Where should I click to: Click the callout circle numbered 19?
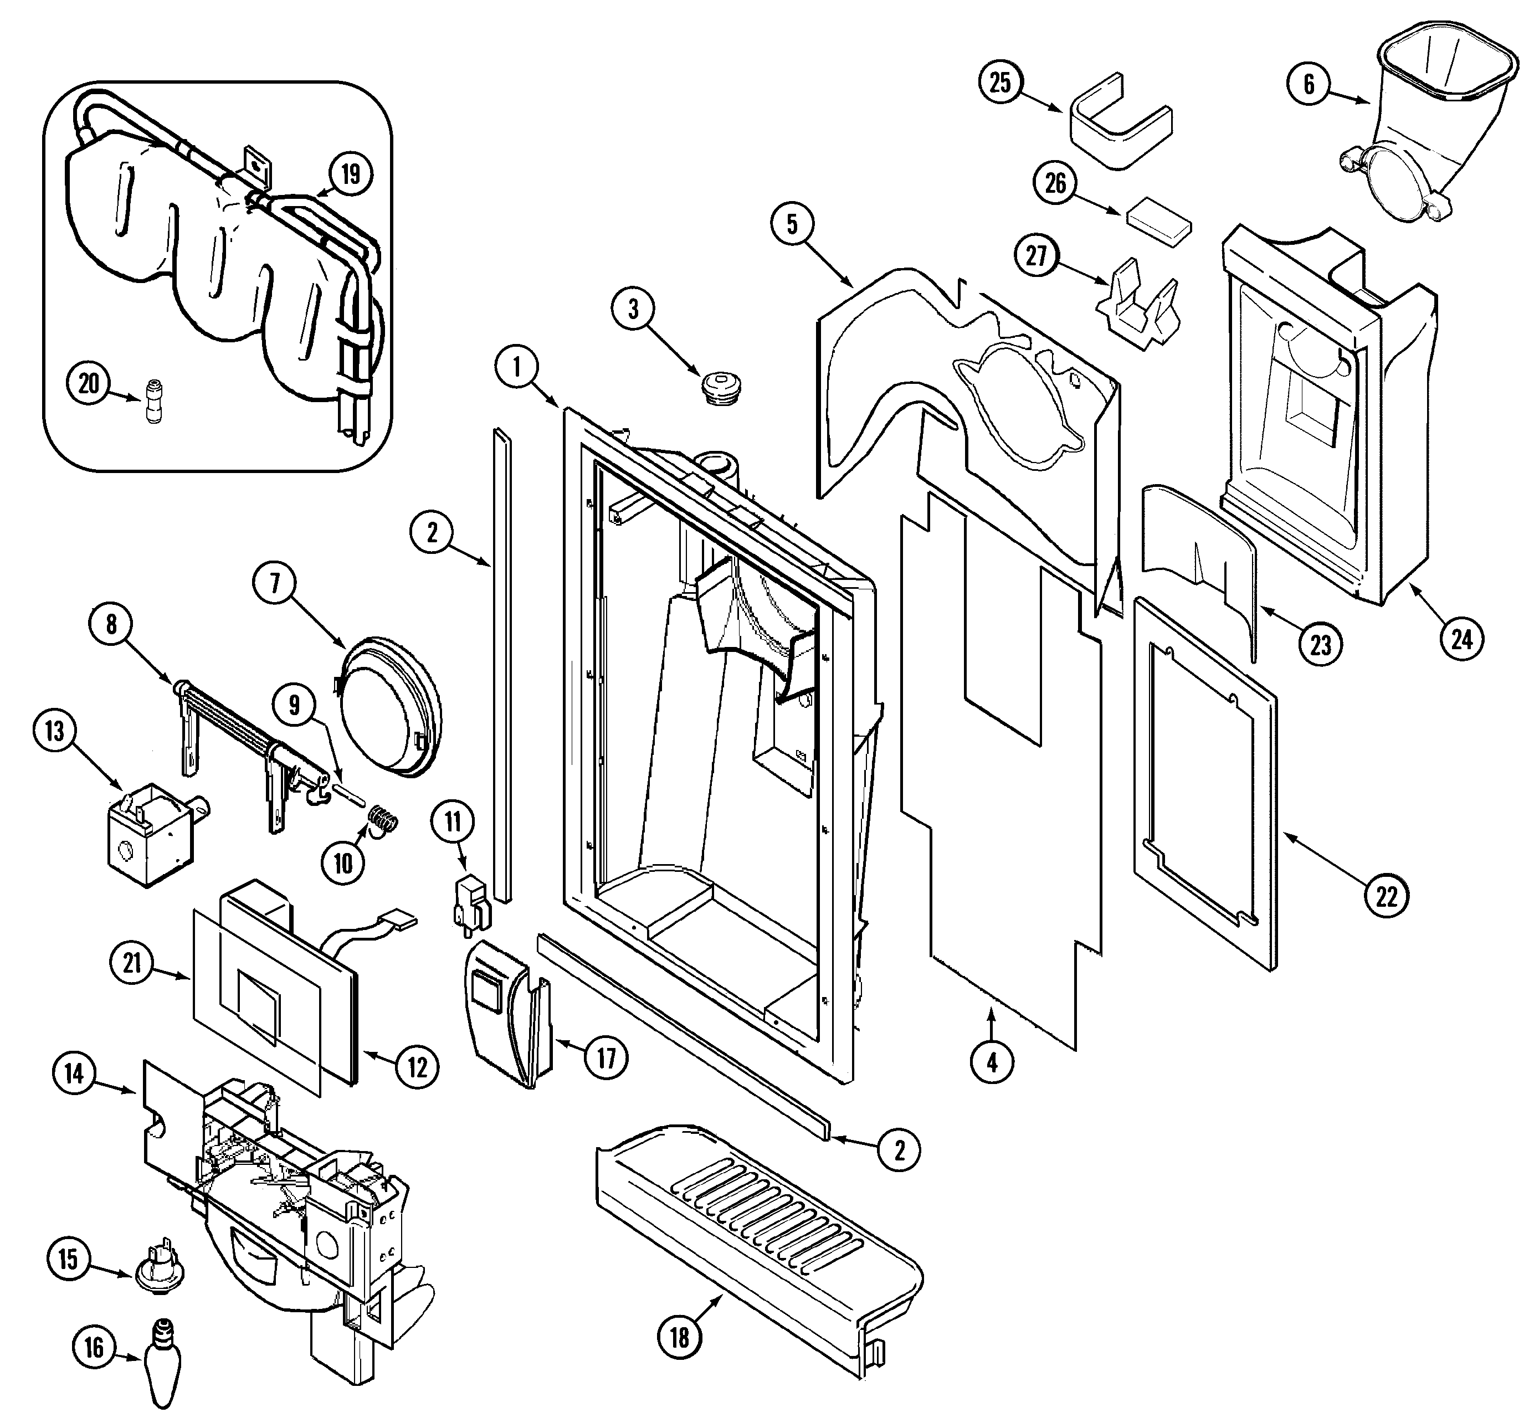350,174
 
